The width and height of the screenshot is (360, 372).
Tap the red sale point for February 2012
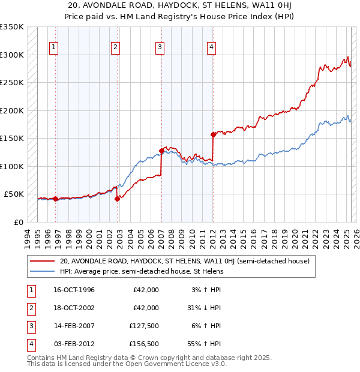click(213, 134)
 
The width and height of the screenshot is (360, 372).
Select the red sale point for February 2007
click(161, 151)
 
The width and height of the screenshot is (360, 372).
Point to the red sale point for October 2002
click(117, 199)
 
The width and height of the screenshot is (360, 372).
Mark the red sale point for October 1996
click(55, 199)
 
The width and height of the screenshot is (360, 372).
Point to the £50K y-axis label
click(14, 194)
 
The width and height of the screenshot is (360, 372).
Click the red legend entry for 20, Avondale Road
click(184, 261)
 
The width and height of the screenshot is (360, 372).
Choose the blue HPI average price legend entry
click(141, 271)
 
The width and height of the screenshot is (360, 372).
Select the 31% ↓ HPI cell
click(203, 307)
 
